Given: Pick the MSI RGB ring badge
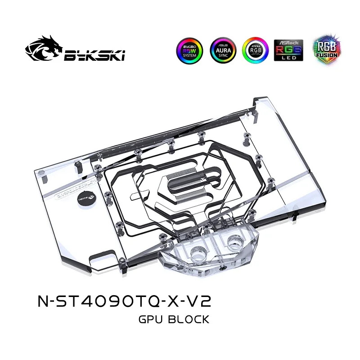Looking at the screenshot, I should coord(255,50).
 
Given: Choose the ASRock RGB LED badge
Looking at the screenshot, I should coord(288,50).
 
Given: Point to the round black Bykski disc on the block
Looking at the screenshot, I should coord(86,202).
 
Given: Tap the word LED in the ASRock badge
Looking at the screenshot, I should coord(288,58).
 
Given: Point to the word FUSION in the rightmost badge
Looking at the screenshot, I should coord(322,56).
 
